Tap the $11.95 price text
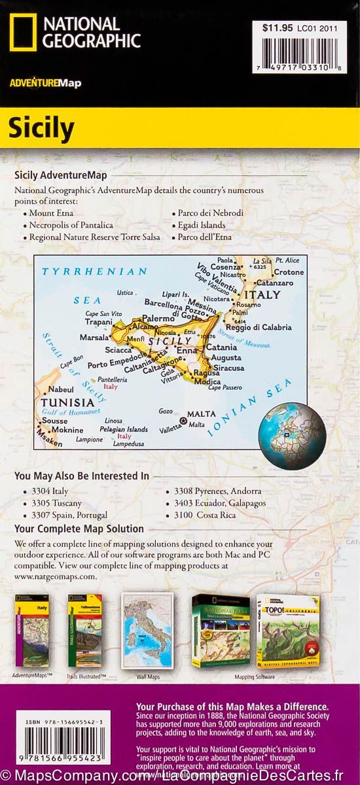point(275,28)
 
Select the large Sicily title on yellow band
point(41,129)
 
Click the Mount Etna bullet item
point(52,213)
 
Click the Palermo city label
point(160,318)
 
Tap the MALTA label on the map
point(201,414)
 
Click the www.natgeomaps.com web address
point(56,576)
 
